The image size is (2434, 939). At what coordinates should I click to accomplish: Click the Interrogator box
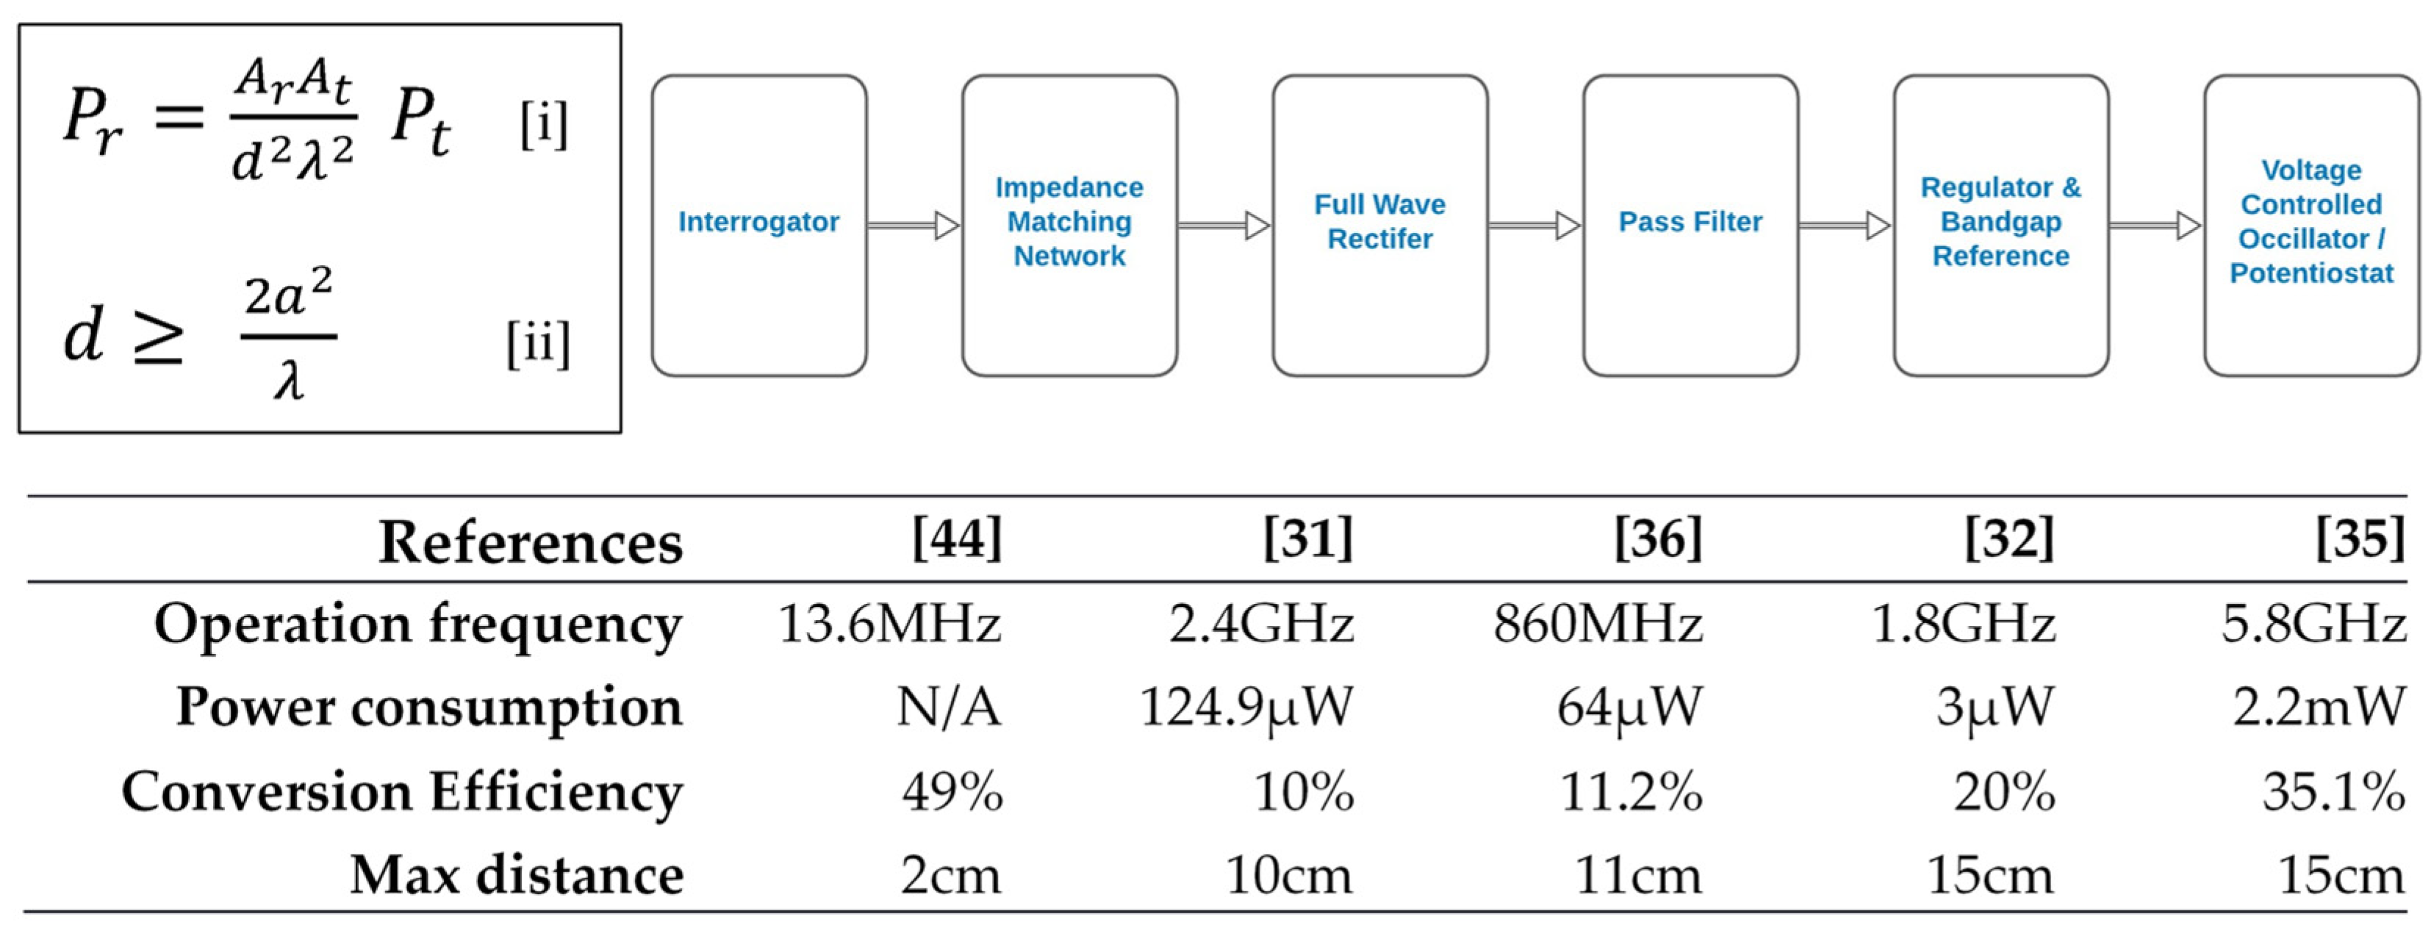click(758, 225)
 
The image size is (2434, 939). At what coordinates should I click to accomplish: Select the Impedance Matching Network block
click(1069, 225)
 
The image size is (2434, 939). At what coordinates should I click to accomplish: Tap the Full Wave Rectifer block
click(1379, 225)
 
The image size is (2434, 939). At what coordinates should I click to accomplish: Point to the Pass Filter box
click(1690, 225)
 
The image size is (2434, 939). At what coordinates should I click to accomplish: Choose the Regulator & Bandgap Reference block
click(2000, 225)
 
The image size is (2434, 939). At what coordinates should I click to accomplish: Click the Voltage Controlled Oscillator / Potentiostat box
click(2311, 225)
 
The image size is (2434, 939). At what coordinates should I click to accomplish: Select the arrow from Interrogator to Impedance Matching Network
click(913, 226)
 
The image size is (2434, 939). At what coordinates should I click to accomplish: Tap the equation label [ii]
click(538, 343)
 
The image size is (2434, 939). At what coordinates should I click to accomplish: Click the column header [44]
click(956, 539)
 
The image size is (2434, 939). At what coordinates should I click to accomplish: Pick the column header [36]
click(1658, 539)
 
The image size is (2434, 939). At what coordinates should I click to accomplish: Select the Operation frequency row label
click(417, 625)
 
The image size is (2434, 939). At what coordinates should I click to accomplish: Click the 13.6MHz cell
click(889, 625)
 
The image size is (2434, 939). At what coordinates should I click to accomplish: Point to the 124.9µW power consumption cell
click(1246, 707)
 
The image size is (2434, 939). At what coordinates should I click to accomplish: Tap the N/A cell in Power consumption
click(948, 707)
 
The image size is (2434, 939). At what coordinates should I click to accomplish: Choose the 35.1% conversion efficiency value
click(2333, 791)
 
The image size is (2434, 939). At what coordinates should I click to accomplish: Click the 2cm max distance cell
click(949, 875)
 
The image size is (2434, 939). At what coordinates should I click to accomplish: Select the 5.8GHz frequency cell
click(2312, 625)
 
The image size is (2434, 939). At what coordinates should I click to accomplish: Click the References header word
click(530, 542)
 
